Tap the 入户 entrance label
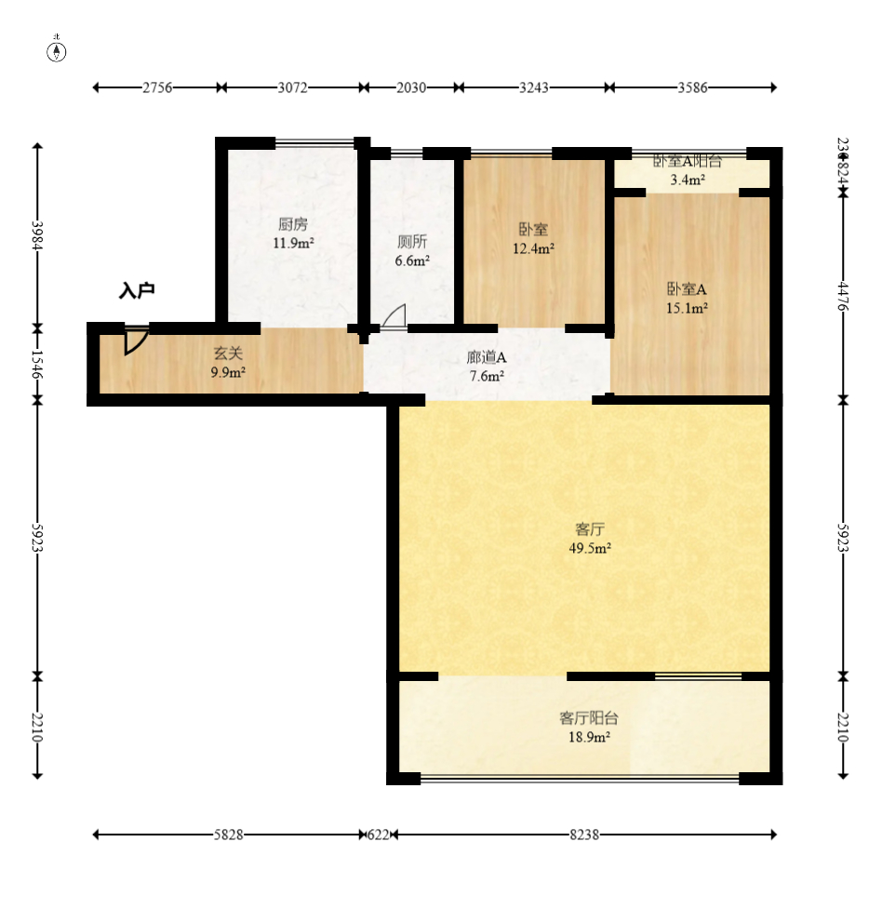(136, 291)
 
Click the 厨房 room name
(292, 224)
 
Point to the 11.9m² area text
(292, 244)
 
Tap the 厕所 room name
(411, 241)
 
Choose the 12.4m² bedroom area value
(533, 248)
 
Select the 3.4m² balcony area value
(687, 180)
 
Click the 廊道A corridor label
(486, 357)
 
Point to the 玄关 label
(228, 354)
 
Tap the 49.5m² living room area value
(590, 548)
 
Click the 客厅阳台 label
(588, 717)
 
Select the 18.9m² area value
(589, 737)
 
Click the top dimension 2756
(157, 87)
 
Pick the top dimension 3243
(533, 87)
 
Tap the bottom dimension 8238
(583, 835)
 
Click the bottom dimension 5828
(228, 835)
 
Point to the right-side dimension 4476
(843, 296)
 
